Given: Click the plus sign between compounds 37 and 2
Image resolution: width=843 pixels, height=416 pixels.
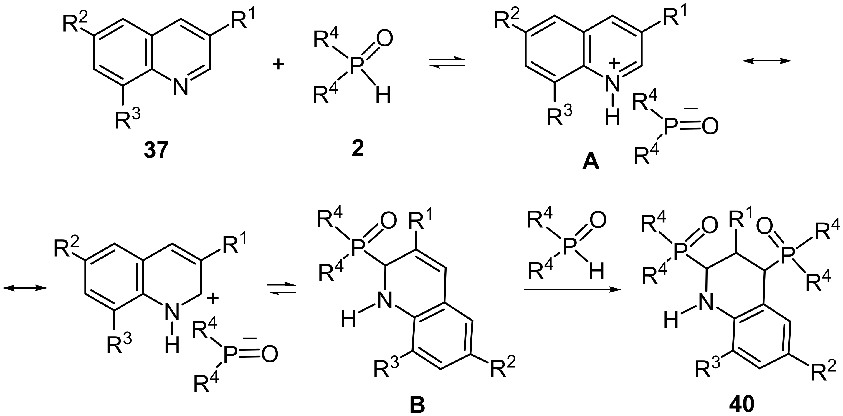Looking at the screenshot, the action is tap(278, 64).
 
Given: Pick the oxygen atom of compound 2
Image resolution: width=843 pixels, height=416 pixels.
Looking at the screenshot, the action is tap(384, 38).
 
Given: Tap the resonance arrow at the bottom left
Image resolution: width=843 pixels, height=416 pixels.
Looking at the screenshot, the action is tap(25, 287).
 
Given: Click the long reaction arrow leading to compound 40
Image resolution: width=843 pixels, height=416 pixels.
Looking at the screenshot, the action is tap(572, 289).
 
